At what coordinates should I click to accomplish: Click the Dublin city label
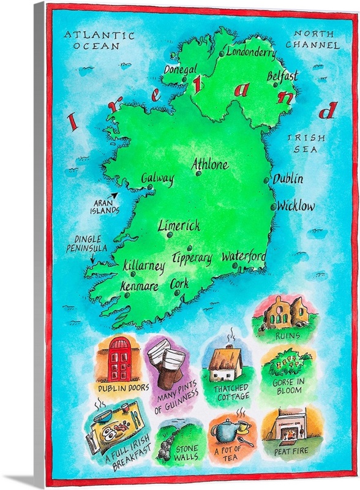[288, 179]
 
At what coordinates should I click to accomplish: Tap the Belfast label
[282, 76]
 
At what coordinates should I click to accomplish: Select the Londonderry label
[251, 52]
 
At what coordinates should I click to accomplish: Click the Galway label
[157, 178]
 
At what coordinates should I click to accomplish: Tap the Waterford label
[244, 256]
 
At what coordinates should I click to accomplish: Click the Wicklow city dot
[273, 207]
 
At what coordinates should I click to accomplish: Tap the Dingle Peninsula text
[86, 243]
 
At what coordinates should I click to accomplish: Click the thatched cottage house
[224, 366]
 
